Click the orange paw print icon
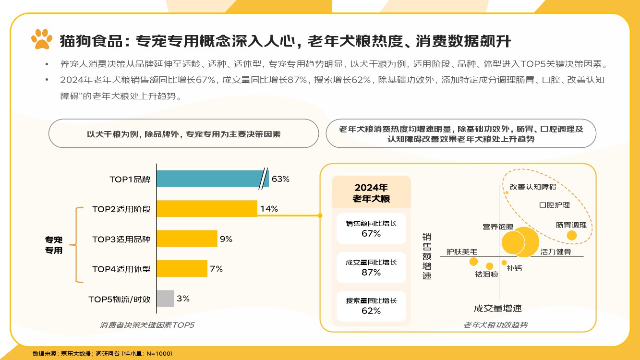coord(42,39)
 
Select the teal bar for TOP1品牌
coord(209,179)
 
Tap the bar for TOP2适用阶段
coord(207,209)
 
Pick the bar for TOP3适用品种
coord(187,239)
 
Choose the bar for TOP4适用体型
coord(182,268)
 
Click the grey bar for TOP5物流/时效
coord(165,298)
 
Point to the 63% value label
coord(280,179)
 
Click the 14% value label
coord(269,209)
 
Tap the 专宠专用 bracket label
coord(54,245)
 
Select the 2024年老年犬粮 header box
coord(371,192)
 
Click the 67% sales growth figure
coord(371,234)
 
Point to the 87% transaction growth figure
coord(371,272)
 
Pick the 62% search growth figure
coord(371,311)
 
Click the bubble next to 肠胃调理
coord(571,235)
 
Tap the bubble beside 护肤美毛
coord(473,262)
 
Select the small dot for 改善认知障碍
coord(507,192)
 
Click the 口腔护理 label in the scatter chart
coord(555,205)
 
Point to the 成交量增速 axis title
coord(497,308)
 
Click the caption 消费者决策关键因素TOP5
coord(147,325)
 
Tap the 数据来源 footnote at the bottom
coord(102,353)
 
